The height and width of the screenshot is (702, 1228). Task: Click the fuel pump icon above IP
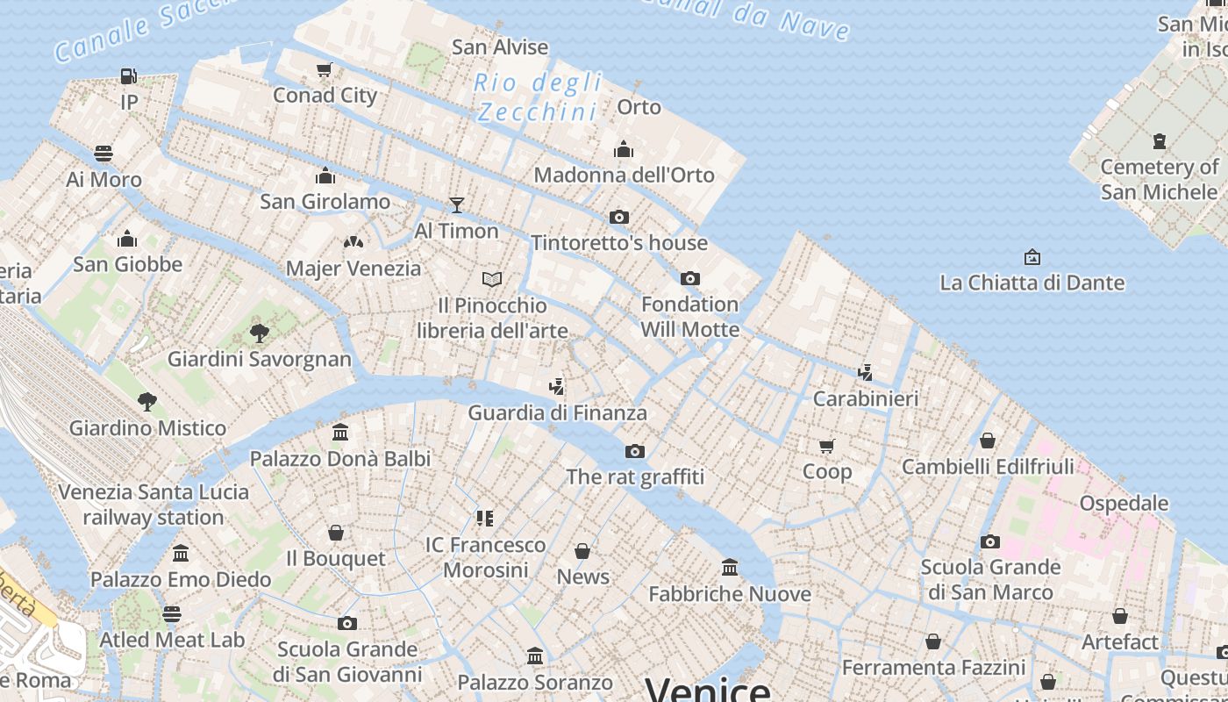tap(129, 76)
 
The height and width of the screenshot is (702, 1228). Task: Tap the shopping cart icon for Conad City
tap(325, 69)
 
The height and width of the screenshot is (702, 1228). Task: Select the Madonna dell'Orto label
tap(624, 175)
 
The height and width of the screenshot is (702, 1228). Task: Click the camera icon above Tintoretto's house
tap(619, 217)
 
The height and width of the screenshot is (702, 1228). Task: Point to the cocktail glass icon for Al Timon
tap(456, 205)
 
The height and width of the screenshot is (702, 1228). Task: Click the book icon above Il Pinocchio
tap(492, 279)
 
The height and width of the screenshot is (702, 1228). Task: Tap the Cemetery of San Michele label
tap(1159, 179)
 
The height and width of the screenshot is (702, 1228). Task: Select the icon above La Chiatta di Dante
tap(1032, 257)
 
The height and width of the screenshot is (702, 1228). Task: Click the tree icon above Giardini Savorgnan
tap(259, 333)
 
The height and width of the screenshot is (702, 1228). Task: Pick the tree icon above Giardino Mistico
tap(147, 402)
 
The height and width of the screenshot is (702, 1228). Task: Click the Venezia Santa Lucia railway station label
tap(153, 504)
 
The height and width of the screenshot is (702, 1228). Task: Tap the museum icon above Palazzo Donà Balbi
tap(340, 432)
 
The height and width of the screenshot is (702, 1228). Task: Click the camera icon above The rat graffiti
tap(634, 451)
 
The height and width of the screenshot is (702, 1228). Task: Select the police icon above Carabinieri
tap(865, 372)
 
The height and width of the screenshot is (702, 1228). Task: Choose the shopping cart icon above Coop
tap(826, 446)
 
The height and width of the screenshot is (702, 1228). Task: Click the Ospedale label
tap(1124, 503)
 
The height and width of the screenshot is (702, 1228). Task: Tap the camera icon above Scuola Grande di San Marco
tap(990, 541)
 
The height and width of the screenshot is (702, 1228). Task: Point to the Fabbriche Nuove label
tap(729, 594)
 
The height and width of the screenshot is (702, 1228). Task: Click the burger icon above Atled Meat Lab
tap(172, 613)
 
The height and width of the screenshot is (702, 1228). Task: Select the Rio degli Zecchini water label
tap(538, 97)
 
